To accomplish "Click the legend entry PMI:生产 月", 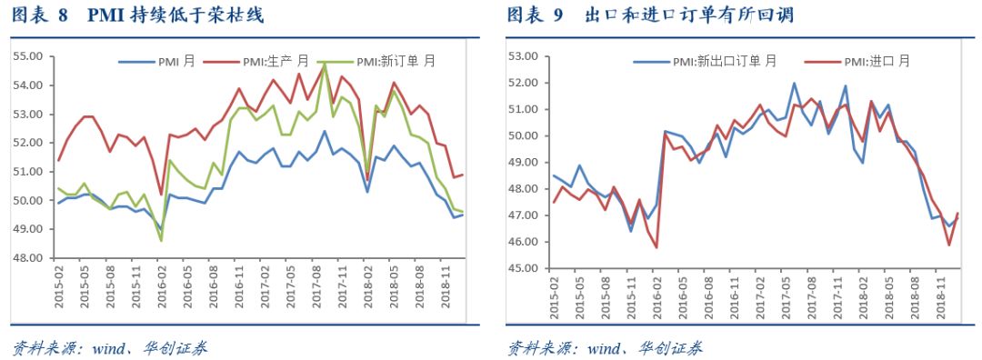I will point(276,62).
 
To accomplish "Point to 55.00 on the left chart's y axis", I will point(26,56).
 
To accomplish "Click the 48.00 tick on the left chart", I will point(26,258).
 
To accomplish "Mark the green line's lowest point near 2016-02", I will point(161,241).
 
